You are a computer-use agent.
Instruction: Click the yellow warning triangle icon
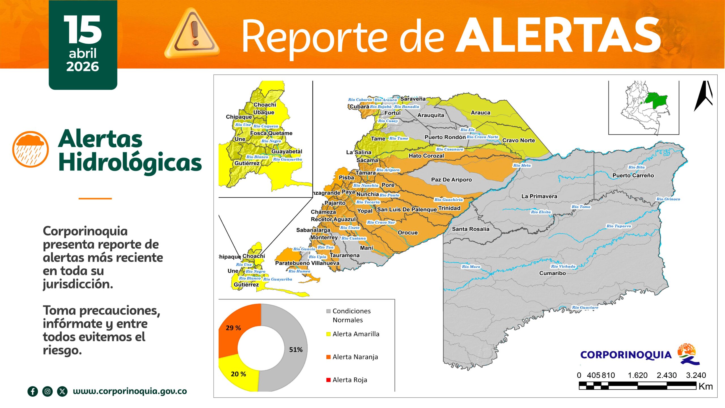[x=192, y=34]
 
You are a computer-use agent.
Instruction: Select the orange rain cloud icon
[x=31, y=149]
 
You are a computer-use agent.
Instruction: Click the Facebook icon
[x=33, y=392]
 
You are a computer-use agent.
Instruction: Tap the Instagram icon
[x=48, y=392]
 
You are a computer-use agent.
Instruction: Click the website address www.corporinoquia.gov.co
[x=130, y=391]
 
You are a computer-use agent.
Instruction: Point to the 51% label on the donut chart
[x=296, y=350]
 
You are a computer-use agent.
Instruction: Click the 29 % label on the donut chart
[x=233, y=328]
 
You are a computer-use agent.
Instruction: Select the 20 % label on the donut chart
[x=238, y=374]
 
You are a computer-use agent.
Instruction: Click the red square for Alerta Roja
[x=329, y=380]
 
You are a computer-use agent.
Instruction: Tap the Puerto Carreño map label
[x=633, y=175]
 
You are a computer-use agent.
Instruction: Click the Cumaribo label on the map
[x=552, y=273]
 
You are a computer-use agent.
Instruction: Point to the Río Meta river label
[x=522, y=165]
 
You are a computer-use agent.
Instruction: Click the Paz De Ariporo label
[x=451, y=180]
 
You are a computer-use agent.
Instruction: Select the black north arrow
[x=703, y=96]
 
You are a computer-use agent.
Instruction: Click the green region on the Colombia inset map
[x=658, y=100]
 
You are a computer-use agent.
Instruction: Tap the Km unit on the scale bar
[x=705, y=386]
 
